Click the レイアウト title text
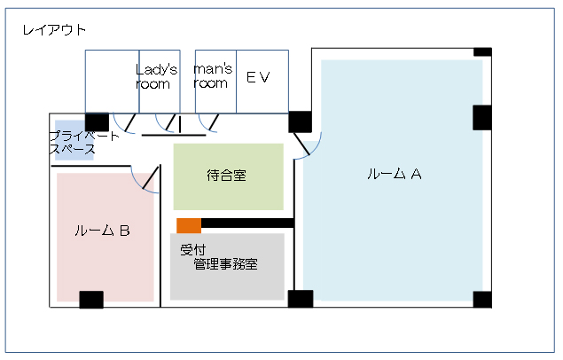[x=54, y=30]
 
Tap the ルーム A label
[x=395, y=174]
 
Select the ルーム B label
[x=102, y=231]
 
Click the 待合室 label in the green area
[x=227, y=176]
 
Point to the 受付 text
[x=193, y=250]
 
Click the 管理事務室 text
[x=225, y=264]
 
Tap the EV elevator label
[x=258, y=77]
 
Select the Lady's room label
[x=156, y=76]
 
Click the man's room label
[x=213, y=75]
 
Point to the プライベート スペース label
[x=83, y=142]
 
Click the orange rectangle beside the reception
[x=189, y=225]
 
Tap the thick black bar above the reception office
[x=247, y=223]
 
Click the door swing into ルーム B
[x=145, y=179]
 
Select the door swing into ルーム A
[x=307, y=145]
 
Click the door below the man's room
[x=208, y=123]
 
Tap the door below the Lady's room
[x=166, y=123]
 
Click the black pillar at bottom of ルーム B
[x=91, y=300]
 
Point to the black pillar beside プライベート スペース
[x=97, y=122]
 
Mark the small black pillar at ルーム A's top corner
[x=482, y=52]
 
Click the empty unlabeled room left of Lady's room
[x=112, y=82]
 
